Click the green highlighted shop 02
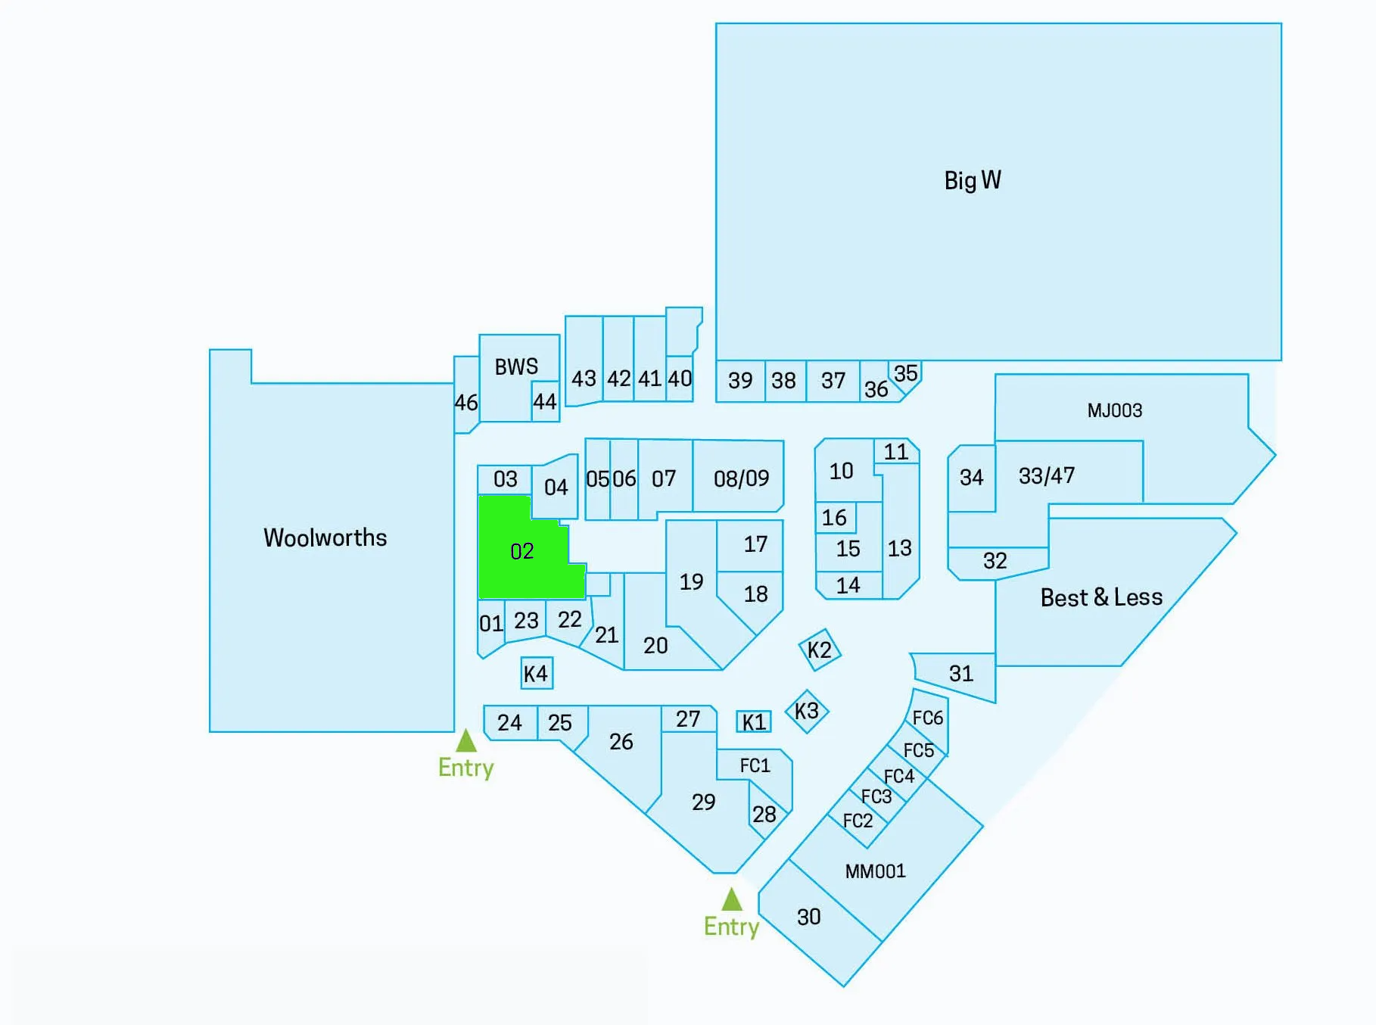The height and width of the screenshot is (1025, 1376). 522,550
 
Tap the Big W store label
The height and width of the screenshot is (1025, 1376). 973,180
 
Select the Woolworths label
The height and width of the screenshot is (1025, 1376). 325,537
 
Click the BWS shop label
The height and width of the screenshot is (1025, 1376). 516,367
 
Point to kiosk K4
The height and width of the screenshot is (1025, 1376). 536,673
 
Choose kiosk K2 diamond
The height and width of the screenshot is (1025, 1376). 820,650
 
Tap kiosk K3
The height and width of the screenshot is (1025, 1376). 807,711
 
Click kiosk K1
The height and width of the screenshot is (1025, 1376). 754,722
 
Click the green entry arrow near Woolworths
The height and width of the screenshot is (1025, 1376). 466,740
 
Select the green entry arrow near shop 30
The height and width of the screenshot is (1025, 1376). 731,899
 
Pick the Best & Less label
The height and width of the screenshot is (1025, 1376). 1101,597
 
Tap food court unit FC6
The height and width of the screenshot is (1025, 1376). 928,718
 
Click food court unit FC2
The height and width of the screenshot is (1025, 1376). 858,821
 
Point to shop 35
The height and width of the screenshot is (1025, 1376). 906,373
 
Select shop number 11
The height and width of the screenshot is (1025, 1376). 896,452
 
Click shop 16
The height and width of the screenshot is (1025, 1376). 834,518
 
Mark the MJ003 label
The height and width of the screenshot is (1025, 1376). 1114,410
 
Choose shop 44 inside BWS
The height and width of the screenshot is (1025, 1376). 545,401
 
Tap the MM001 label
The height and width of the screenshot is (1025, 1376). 875,871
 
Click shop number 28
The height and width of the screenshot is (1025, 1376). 764,815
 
